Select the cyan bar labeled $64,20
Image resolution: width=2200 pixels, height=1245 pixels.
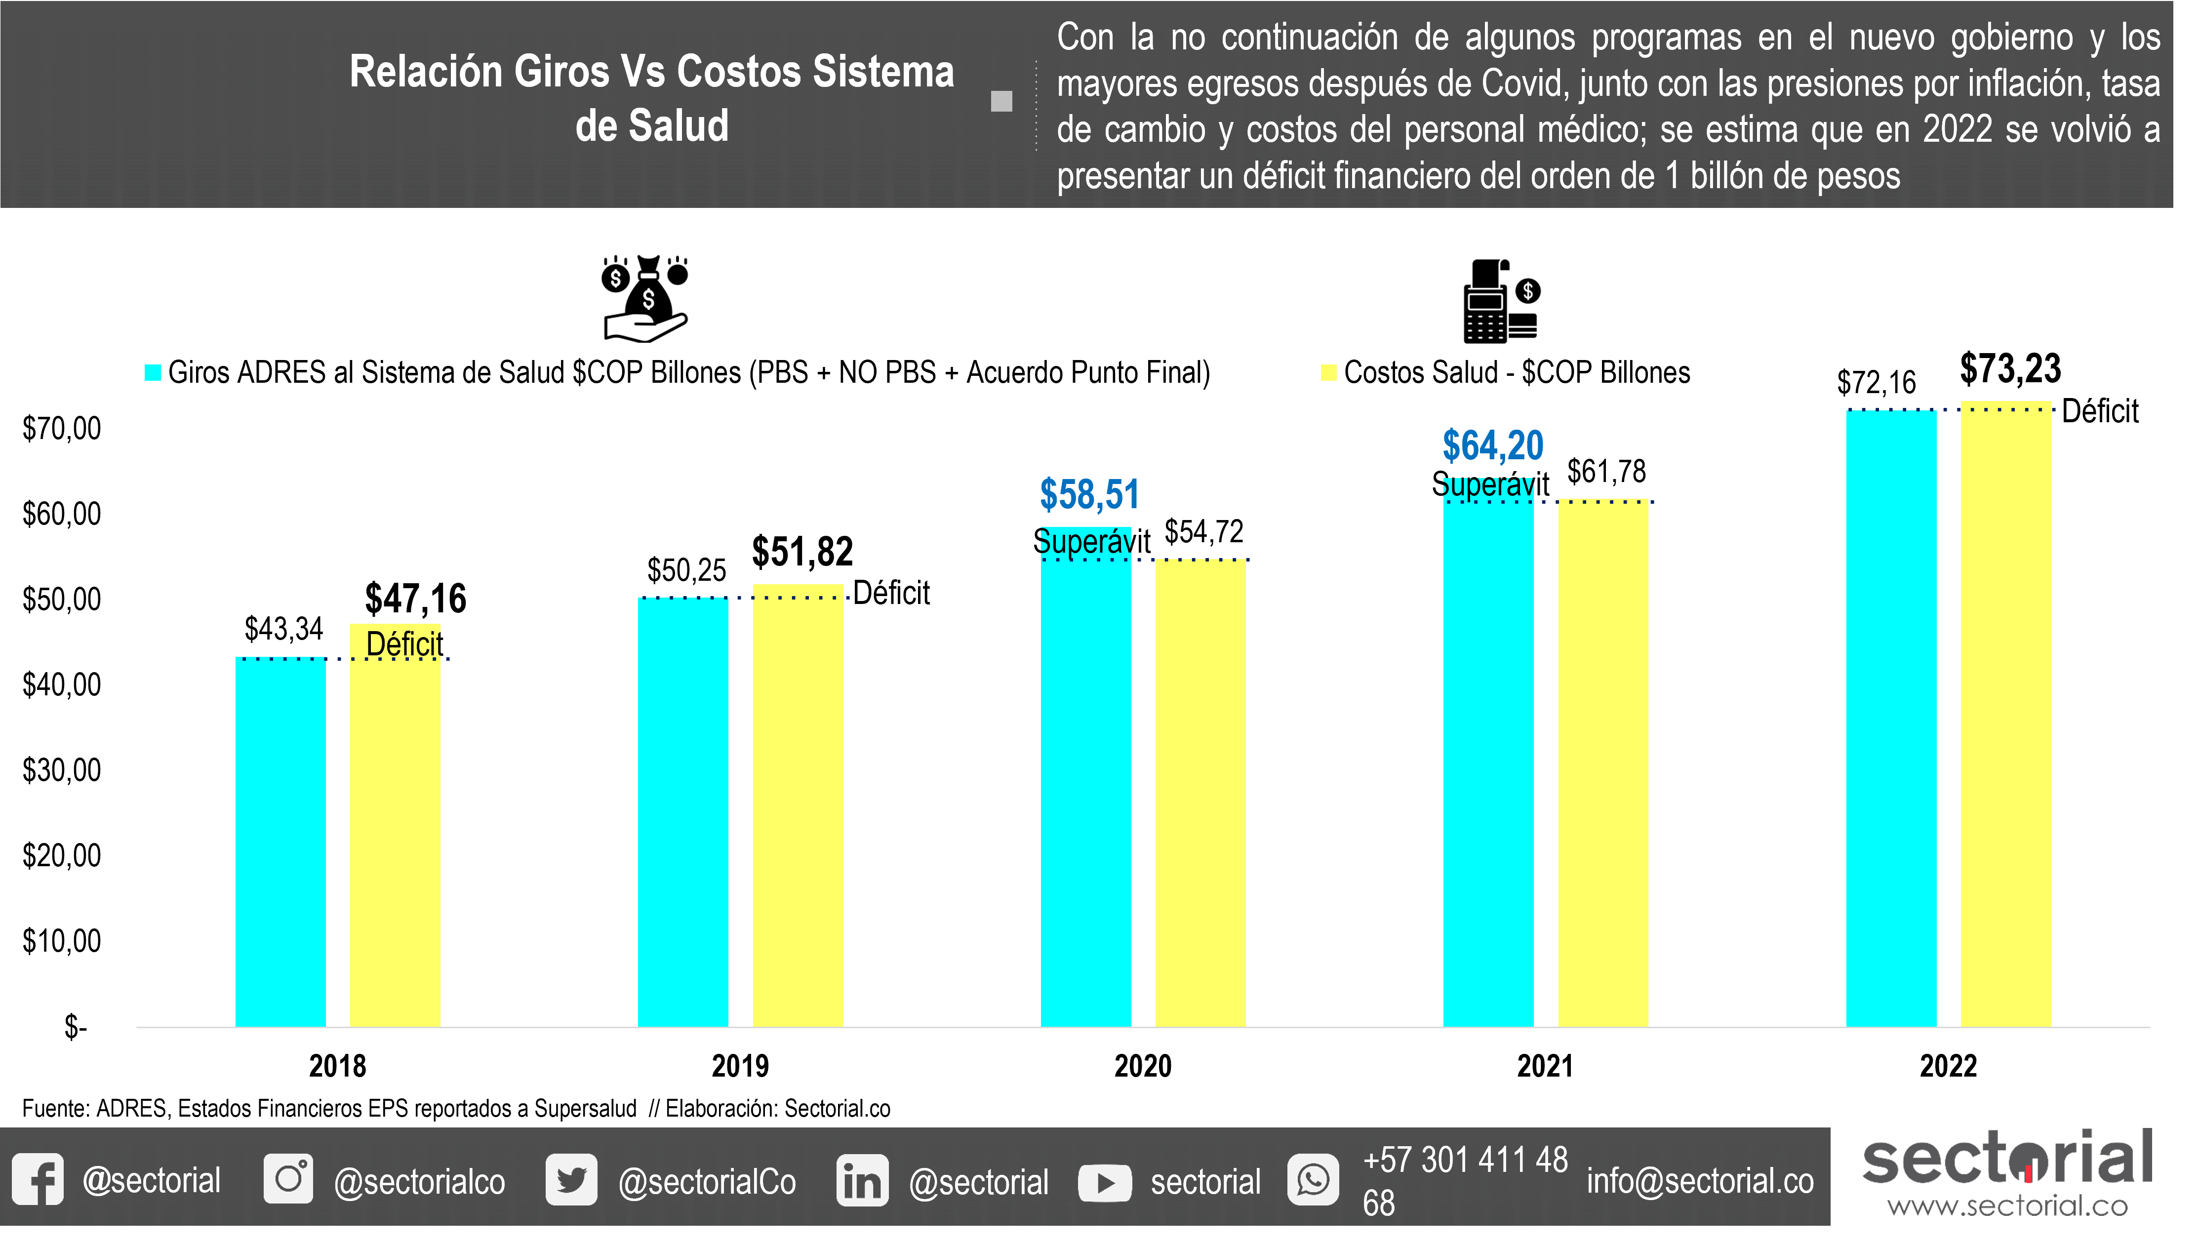click(1488, 761)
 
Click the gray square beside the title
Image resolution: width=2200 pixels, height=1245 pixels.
click(1001, 101)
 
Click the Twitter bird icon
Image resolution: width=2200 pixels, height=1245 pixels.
click(571, 1180)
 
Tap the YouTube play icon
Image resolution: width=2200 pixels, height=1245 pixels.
click(1105, 1183)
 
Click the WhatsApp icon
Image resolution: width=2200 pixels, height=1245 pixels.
click(1313, 1180)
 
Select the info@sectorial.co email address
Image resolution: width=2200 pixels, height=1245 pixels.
click(1700, 1181)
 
